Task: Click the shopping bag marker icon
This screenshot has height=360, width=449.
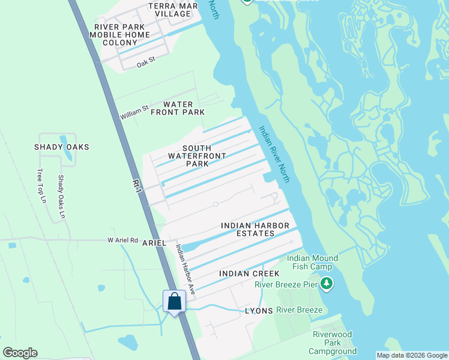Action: [174, 301]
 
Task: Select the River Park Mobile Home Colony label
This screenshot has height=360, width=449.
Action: [122, 35]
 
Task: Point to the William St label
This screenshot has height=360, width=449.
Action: [133, 112]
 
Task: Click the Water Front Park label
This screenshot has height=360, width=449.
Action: [178, 109]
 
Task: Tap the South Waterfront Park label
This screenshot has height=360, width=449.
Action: [197, 156]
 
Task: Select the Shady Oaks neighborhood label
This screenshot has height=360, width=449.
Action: [61, 147]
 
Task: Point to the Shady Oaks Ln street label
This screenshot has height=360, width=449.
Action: [61, 196]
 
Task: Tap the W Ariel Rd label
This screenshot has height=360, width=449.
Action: [122, 239]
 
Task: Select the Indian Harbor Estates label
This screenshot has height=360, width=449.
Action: [252, 229]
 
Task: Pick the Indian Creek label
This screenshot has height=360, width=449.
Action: [249, 274]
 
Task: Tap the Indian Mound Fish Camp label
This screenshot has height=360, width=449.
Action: [312, 263]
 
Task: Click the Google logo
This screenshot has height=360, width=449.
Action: [20, 353]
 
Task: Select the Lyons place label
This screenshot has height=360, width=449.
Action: [259, 311]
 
